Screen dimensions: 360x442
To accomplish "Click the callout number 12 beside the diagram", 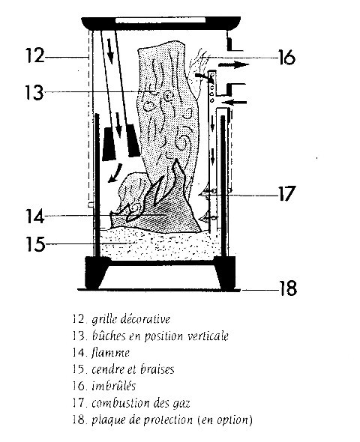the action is click(x=35, y=55).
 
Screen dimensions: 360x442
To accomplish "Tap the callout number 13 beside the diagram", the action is click(x=34, y=92).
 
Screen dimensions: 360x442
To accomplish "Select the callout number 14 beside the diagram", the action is click(x=35, y=217).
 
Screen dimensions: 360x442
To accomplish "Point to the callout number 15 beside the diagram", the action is click(x=35, y=243).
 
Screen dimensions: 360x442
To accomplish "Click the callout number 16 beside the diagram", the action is click(x=286, y=58).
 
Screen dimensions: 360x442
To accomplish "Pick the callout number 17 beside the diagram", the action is click(x=287, y=193).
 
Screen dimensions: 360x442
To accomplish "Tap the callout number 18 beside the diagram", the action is click(x=288, y=288).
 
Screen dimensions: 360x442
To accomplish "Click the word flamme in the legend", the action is click(x=110, y=352).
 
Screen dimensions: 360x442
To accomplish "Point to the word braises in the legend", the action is click(x=157, y=369).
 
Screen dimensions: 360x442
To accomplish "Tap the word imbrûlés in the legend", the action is click(x=114, y=386).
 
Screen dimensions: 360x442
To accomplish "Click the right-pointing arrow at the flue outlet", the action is click(x=233, y=65).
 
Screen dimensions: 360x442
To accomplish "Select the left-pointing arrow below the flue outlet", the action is click(x=235, y=103).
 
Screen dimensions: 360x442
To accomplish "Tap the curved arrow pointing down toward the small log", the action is click(x=115, y=173).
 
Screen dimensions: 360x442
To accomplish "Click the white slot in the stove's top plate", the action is click(x=160, y=20).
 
